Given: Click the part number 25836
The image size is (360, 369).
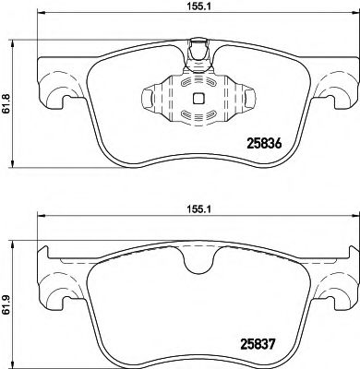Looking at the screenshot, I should [268, 143].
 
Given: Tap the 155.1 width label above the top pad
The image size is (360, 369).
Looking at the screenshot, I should [195, 8].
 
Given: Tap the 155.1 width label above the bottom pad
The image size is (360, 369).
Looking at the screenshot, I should [195, 209].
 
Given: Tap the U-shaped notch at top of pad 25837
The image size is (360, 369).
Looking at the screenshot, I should [196, 262].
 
